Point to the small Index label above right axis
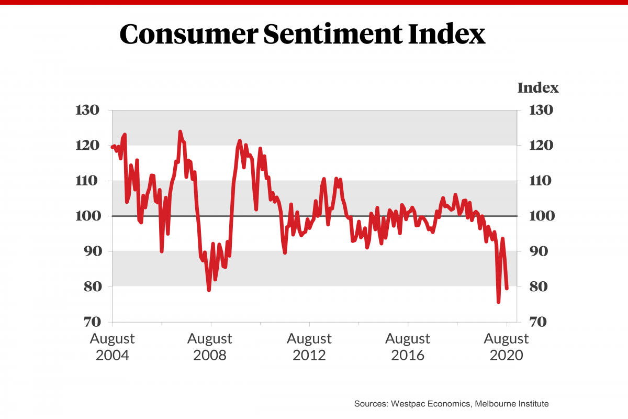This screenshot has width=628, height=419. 538,88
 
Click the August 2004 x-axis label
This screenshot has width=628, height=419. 112,347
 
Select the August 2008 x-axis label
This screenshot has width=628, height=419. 210,347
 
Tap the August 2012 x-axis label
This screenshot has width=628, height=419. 309,347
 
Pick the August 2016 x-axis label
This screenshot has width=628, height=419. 408,347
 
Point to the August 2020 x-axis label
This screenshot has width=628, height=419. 506,347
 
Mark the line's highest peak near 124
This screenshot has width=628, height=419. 180,131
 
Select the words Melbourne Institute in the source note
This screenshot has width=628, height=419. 515,404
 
